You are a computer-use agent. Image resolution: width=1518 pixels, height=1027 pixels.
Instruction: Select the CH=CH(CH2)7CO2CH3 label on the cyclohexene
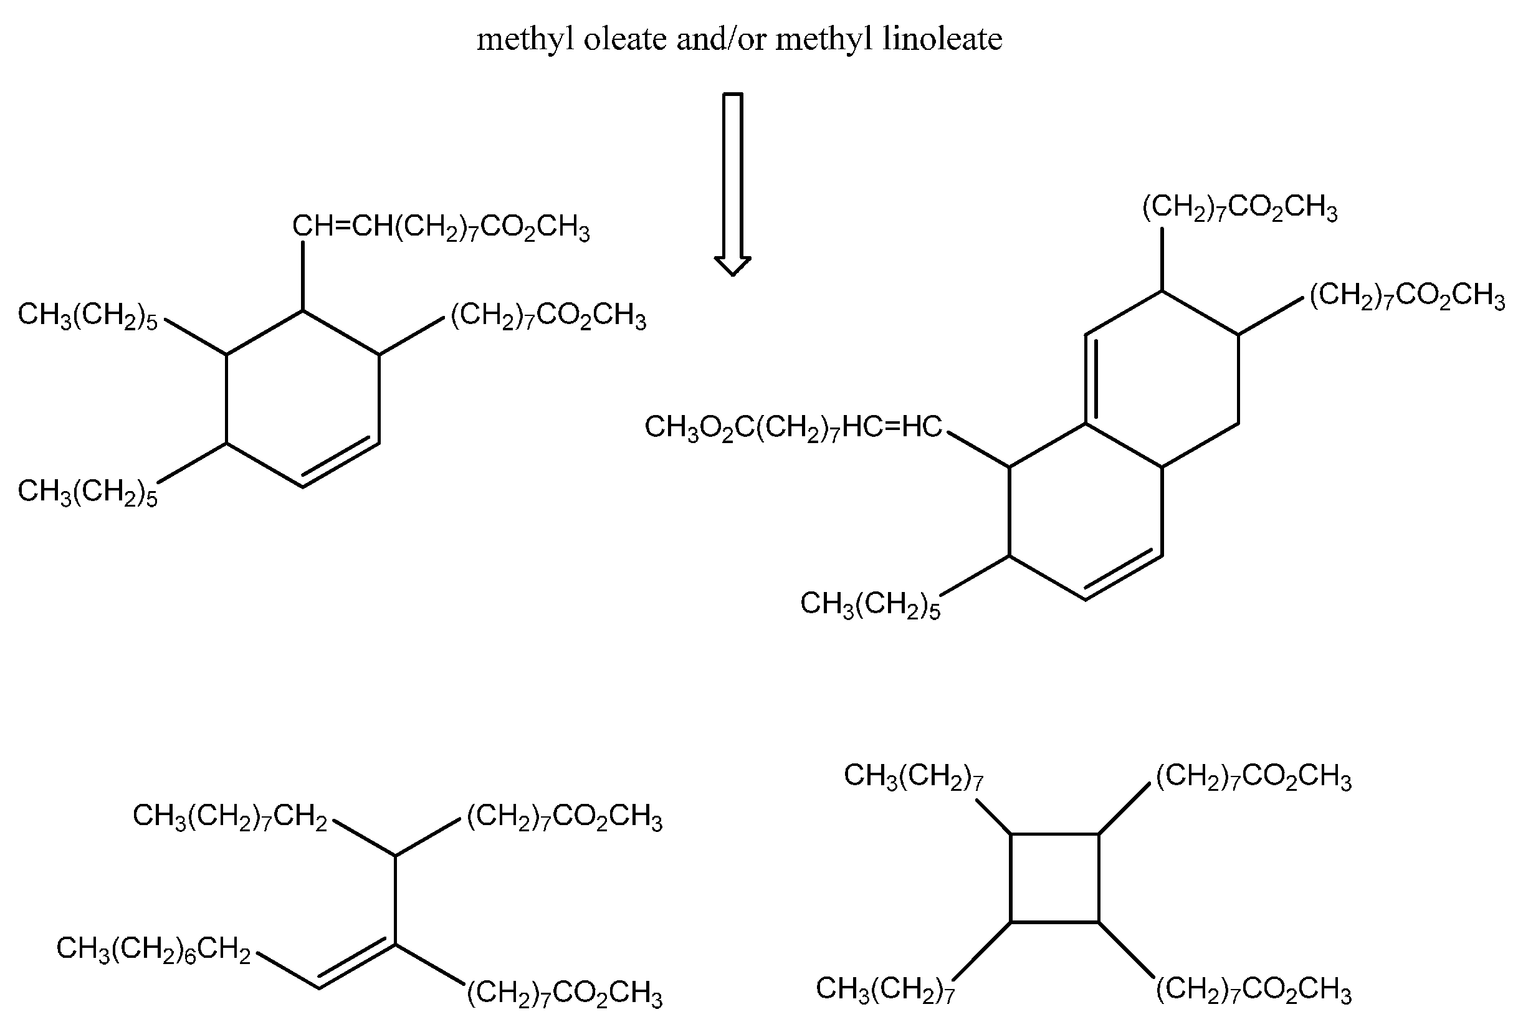(x=441, y=228)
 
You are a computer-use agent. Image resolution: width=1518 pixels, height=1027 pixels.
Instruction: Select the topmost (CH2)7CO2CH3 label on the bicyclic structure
(x=1239, y=208)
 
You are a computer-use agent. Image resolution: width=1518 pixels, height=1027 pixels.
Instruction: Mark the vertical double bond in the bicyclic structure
(x=1091, y=379)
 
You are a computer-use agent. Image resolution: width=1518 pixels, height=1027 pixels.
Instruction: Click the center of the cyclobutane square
(x=1054, y=878)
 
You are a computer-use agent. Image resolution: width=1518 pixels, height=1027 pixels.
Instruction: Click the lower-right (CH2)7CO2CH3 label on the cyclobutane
(x=1253, y=990)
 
